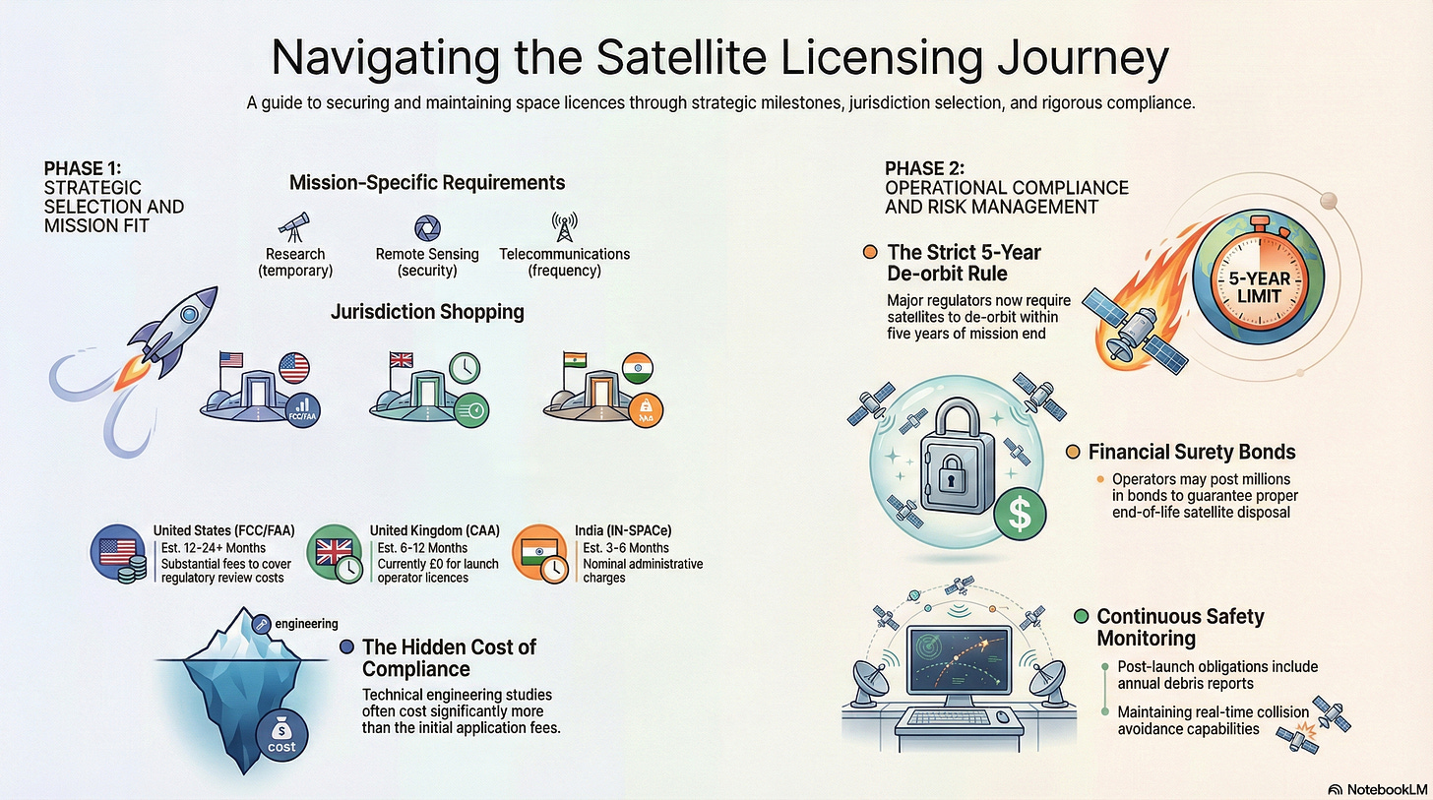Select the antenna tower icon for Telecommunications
tap(564, 224)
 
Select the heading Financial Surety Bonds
tap(1191, 453)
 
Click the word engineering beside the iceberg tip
tap(306, 623)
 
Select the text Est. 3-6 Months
tap(626, 548)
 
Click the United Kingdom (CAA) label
tap(434, 531)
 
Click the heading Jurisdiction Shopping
tap(426, 313)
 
